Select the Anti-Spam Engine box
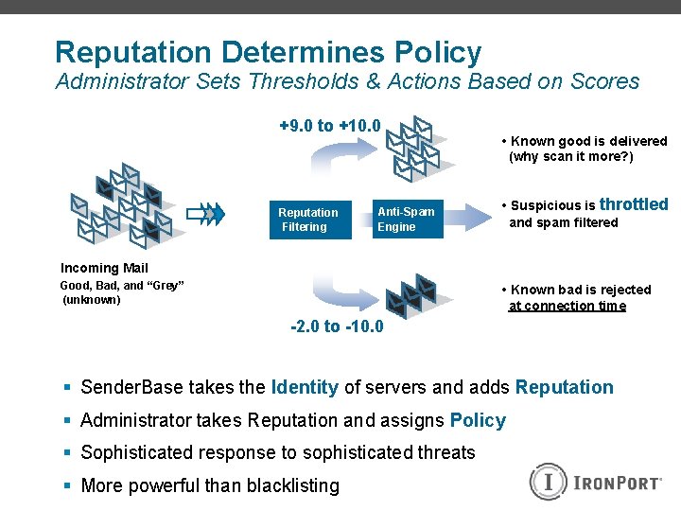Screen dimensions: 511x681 click(407, 220)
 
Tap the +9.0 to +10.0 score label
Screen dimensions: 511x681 click(329, 126)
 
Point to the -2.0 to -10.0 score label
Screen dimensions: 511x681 click(337, 326)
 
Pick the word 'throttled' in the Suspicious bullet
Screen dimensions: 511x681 click(634, 204)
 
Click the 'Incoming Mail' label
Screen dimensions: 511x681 click(104, 268)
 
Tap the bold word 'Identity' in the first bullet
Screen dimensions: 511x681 click(305, 387)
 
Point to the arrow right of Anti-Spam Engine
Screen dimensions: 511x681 click(468, 218)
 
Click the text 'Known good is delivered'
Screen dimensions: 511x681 click(588, 141)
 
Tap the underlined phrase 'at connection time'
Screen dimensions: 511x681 click(567, 306)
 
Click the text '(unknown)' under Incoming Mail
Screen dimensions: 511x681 click(92, 300)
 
